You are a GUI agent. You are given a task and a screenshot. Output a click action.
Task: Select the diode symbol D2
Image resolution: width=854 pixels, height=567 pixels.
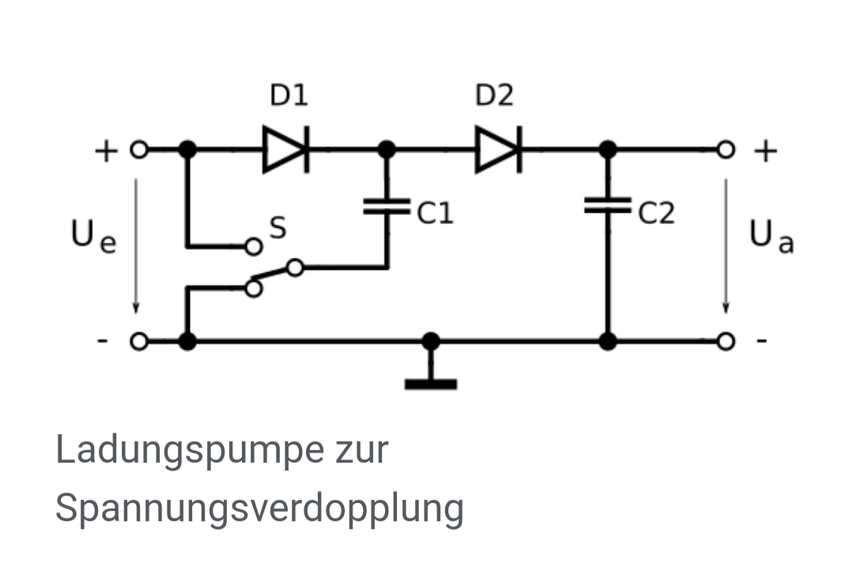click(499, 149)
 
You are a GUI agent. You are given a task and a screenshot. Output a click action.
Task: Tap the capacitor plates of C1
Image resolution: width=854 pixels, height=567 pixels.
click(387, 206)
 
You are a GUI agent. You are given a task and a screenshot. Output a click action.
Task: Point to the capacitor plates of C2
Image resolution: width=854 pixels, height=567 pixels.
click(608, 206)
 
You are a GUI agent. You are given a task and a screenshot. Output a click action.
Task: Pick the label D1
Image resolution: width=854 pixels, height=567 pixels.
click(289, 96)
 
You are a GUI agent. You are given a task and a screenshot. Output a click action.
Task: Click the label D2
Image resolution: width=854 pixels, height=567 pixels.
click(494, 96)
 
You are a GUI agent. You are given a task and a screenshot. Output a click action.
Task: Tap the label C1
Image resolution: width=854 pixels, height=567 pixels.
click(435, 213)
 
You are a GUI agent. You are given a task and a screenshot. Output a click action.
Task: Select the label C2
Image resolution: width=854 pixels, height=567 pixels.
click(656, 213)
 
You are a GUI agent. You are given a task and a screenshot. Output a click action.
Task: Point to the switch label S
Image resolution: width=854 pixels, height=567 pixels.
click(278, 228)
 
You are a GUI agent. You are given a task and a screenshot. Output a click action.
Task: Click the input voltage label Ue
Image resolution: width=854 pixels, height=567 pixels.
click(93, 236)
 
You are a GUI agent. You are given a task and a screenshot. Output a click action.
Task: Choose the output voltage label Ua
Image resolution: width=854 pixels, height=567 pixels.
click(772, 236)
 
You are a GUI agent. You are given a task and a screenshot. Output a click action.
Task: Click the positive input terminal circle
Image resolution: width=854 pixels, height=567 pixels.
click(139, 149)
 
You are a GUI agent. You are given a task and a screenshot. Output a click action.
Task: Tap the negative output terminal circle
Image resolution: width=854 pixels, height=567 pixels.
click(725, 342)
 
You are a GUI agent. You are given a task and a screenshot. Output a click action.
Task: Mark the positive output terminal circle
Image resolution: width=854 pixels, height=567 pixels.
click(725, 149)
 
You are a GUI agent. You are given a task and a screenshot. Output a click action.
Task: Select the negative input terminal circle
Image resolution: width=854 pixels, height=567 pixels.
click(139, 342)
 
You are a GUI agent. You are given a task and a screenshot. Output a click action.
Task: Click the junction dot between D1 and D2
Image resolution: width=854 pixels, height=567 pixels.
click(387, 149)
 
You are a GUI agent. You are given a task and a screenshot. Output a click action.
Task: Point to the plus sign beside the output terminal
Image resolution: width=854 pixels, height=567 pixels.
click(765, 151)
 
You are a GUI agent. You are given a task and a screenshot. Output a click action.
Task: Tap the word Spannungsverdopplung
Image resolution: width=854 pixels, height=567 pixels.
click(260, 508)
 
